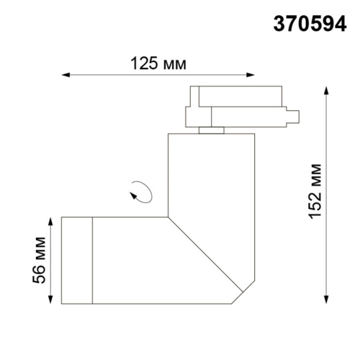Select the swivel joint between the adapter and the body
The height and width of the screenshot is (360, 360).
pos(211,130)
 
